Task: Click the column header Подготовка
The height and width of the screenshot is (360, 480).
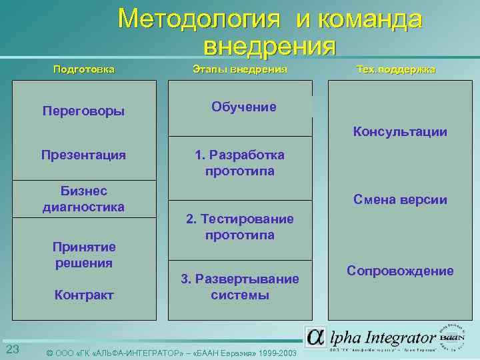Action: pos(83,69)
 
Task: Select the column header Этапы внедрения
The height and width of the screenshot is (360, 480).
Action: pos(240,69)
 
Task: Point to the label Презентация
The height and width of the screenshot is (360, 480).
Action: pos(83,155)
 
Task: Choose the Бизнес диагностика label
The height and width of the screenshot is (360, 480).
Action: pos(83,199)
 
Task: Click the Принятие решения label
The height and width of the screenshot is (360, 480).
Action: pos(83,255)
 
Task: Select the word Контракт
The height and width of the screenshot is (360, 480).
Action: pos(83,295)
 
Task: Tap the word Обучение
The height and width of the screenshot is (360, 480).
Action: pos(243,107)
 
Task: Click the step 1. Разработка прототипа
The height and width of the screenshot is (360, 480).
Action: pos(240,163)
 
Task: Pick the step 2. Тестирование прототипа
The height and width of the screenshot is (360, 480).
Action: pos(240,227)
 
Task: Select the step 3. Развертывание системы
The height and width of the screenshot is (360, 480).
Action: pos(240,287)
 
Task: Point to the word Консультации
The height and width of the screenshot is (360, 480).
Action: pos(400,131)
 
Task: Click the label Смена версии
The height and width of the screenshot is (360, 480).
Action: pos(401,200)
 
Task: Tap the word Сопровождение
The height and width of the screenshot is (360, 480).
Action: pos(400,271)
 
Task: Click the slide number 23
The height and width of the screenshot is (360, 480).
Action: pos(12,350)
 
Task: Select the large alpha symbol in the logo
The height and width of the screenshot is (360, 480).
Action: pos(316,337)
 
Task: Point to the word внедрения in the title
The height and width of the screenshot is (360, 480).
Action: pos(269,46)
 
